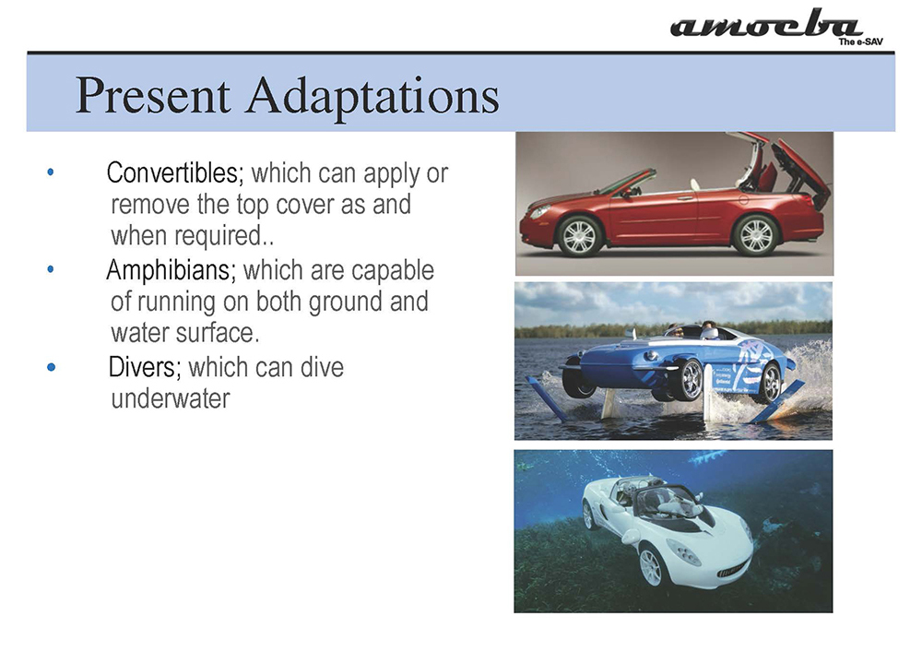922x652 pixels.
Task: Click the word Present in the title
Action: pyautogui.click(x=153, y=95)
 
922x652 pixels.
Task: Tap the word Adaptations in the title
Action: pyautogui.click(x=372, y=97)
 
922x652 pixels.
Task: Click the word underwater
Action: pyautogui.click(x=171, y=398)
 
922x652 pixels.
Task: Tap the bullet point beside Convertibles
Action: pyautogui.click(x=51, y=172)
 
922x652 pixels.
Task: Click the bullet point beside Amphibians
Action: pyautogui.click(x=51, y=269)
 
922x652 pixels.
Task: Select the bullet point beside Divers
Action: pyautogui.click(x=51, y=367)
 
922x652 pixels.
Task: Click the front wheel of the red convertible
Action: pyautogui.click(x=579, y=236)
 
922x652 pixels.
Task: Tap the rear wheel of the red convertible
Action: pyautogui.click(x=756, y=234)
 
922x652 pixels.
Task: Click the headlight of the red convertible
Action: pyautogui.click(x=539, y=211)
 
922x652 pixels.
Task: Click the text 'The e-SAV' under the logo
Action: pyautogui.click(x=860, y=42)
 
